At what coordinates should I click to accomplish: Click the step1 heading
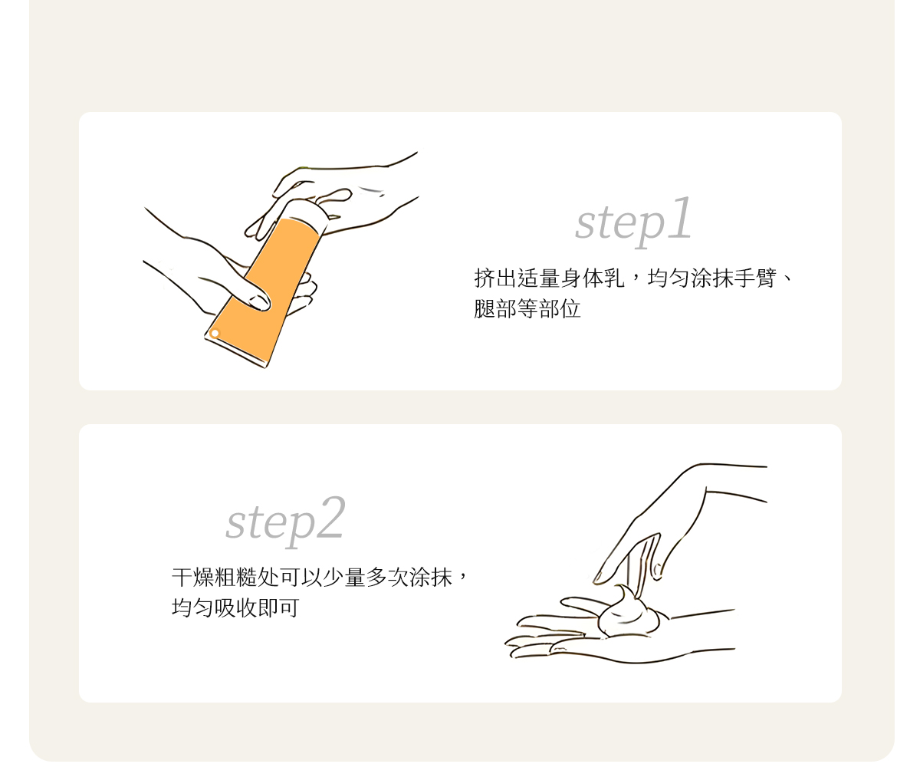tap(633, 222)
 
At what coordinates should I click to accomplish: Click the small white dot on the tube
tap(215, 333)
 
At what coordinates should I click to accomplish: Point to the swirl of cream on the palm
tap(629, 612)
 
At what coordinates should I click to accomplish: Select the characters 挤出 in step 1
tap(495, 278)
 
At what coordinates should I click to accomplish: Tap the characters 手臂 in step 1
tap(754, 278)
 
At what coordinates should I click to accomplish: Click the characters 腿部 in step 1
tap(495, 308)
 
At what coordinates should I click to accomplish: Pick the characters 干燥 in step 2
tap(192, 577)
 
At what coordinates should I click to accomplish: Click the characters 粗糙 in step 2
tap(235, 577)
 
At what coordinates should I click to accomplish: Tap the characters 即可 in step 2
tap(279, 607)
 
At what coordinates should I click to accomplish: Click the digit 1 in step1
tap(679, 218)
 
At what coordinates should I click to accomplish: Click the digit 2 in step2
tap(330, 517)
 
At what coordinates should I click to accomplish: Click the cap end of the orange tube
tap(307, 211)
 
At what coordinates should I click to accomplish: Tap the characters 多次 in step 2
tap(387, 577)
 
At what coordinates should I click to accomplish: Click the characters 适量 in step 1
tap(538, 278)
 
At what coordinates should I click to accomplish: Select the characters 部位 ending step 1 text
tap(560, 308)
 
